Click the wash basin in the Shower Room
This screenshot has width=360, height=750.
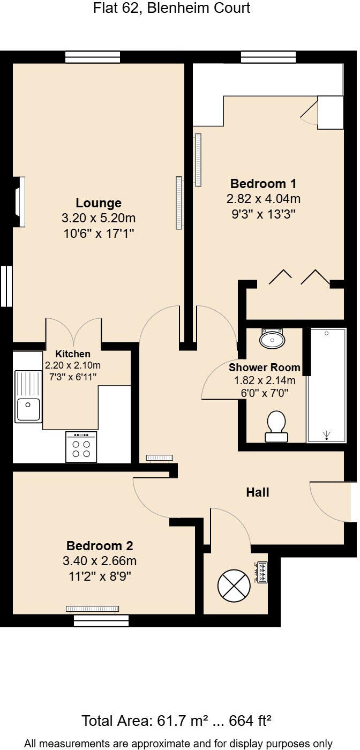[x=272, y=338]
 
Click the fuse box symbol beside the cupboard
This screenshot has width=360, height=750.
[x=262, y=572]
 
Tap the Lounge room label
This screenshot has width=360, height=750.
[x=99, y=203]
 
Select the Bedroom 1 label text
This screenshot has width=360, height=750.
[x=263, y=184]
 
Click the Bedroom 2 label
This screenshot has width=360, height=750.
[x=100, y=546]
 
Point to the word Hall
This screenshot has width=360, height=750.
[x=257, y=492]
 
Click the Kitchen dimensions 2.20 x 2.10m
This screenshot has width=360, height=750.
[x=73, y=365]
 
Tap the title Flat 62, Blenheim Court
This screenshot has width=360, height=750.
[x=171, y=9]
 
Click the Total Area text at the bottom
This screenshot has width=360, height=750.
[x=176, y=721]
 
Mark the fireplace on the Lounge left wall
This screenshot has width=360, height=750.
[x=19, y=202]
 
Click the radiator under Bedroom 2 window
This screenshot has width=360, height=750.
[x=92, y=609]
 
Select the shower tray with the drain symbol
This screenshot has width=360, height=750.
[x=326, y=385]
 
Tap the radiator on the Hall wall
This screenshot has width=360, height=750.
[x=160, y=457]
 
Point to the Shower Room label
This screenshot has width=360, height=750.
[x=264, y=368]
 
